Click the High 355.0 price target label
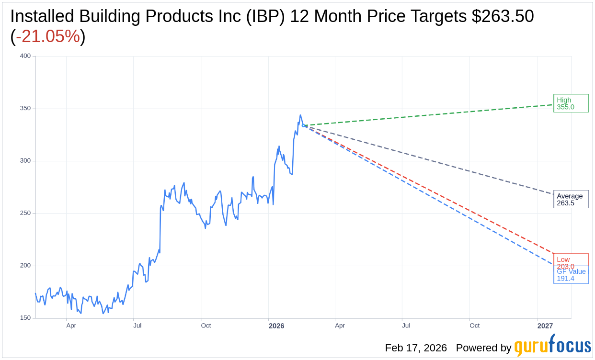tap(571, 103)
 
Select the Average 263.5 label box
tap(571, 199)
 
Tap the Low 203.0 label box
tap(571, 260)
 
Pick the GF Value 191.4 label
tap(571, 275)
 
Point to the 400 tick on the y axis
tap(25, 56)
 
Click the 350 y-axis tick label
tap(25, 108)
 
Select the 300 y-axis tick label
tap(25, 161)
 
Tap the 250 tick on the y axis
tap(25, 213)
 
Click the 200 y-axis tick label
tap(25, 266)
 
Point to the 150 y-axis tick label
tap(25, 318)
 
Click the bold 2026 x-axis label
tap(276, 326)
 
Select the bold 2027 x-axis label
tap(545, 326)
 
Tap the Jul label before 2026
tap(137, 326)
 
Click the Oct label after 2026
tap(474, 326)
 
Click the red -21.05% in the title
tap(48, 36)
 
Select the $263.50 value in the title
tap(503, 17)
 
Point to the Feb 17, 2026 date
tap(416, 348)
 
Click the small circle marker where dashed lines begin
tap(303, 125)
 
